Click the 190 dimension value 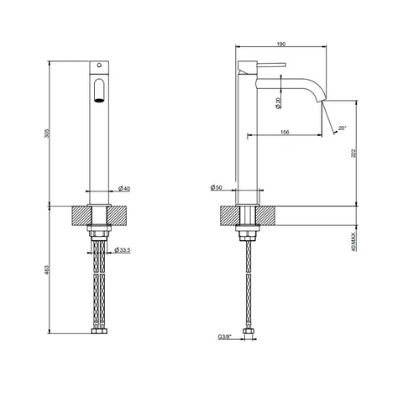point(281,44)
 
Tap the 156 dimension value point(285,132)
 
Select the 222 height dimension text point(353,154)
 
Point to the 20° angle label point(342,128)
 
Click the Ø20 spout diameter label point(279,103)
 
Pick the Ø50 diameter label point(217,187)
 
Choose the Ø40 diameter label point(124,189)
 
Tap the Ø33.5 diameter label point(123,250)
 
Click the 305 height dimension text point(47,133)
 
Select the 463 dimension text point(47,270)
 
